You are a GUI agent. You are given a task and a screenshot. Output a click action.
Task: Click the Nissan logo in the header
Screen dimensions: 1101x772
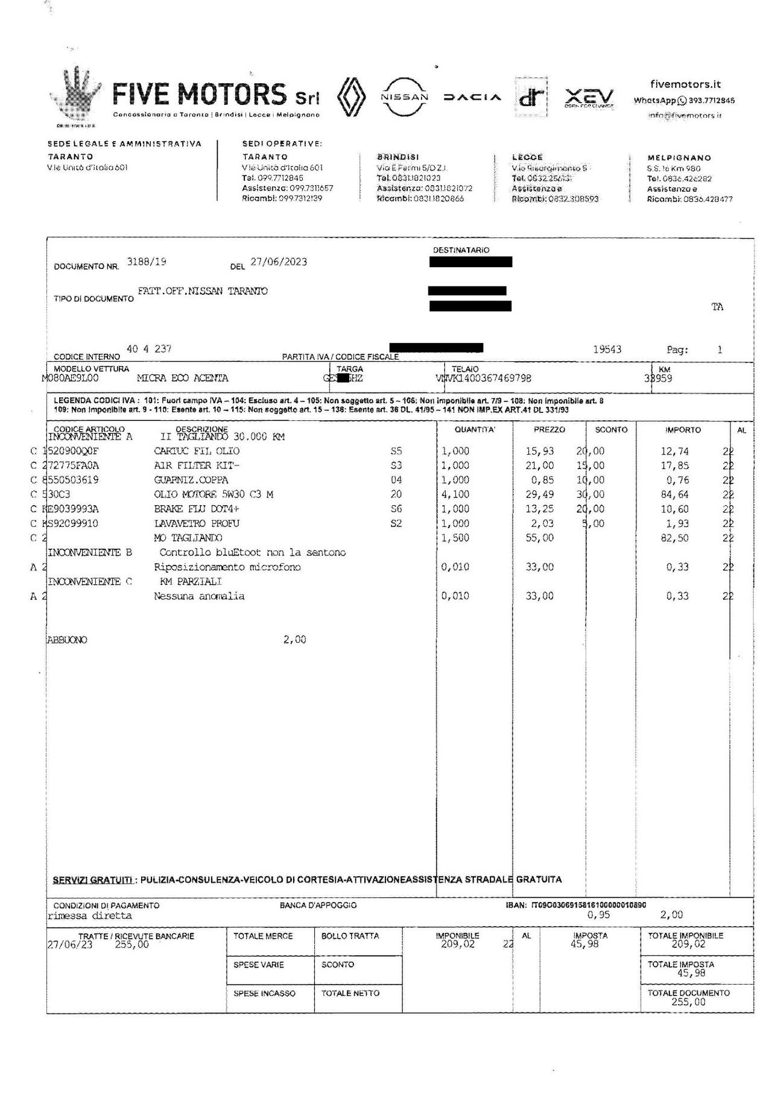click(x=404, y=96)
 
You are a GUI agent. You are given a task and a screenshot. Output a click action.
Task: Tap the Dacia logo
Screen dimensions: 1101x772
click(x=472, y=97)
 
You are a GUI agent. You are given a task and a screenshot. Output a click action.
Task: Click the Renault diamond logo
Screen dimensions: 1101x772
click(x=351, y=97)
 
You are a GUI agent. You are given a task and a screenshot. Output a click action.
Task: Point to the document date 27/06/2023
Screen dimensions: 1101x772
click(x=279, y=262)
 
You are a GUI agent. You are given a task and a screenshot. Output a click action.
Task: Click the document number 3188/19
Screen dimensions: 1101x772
click(x=147, y=262)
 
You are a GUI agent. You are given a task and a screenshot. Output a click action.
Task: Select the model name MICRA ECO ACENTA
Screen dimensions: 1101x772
click(x=183, y=378)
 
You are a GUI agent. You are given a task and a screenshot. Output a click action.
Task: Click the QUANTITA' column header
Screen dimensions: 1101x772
click(x=475, y=430)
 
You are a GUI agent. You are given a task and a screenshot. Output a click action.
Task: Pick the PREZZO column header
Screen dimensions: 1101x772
click(x=549, y=430)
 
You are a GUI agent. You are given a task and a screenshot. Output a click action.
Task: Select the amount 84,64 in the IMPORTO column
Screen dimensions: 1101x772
click(x=675, y=494)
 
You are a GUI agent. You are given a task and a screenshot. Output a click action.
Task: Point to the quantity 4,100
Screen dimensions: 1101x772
click(x=455, y=494)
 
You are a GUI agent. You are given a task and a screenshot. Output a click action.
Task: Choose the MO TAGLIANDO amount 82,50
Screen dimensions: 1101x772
click(x=675, y=538)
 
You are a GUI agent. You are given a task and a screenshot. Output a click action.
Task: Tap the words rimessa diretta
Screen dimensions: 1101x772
click(x=89, y=915)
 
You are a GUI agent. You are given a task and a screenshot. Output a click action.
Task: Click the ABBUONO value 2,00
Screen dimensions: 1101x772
click(x=295, y=640)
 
